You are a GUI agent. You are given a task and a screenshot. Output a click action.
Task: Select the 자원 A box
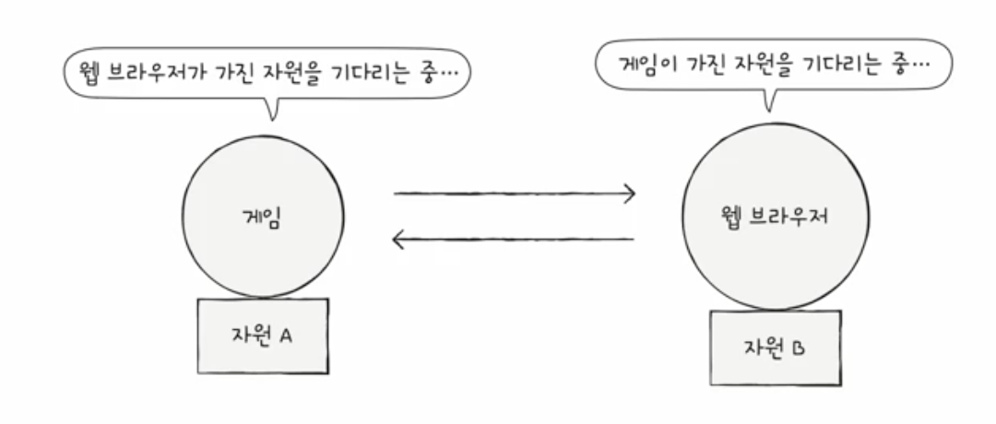pyautogui.click(x=262, y=336)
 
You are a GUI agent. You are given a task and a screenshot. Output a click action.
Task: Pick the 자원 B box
pyautogui.click(x=775, y=347)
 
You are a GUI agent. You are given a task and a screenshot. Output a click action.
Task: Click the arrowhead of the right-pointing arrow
pyautogui.click(x=630, y=194)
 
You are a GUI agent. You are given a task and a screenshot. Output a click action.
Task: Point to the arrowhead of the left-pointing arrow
pyautogui.click(x=398, y=241)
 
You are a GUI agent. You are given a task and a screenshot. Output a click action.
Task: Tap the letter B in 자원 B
pyautogui.click(x=798, y=348)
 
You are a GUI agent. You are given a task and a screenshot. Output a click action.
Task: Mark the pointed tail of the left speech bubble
pyautogui.click(x=271, y=114)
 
